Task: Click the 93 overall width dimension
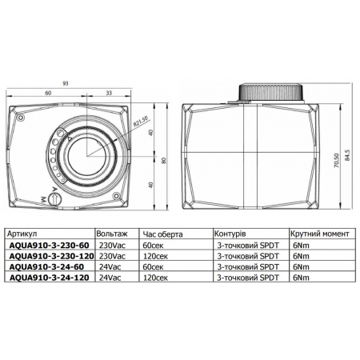pos(66,83)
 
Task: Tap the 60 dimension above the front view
pos(48,93)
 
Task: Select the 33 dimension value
pos(109,93)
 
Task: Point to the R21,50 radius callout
pos(141,122)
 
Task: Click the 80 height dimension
pos(164,160)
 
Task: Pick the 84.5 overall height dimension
pos(346,155)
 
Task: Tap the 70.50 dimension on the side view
pos(337,160)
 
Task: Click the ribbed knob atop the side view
pos(270,92)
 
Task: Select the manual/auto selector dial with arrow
pos(55,198)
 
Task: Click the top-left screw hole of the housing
pos(20,118)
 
